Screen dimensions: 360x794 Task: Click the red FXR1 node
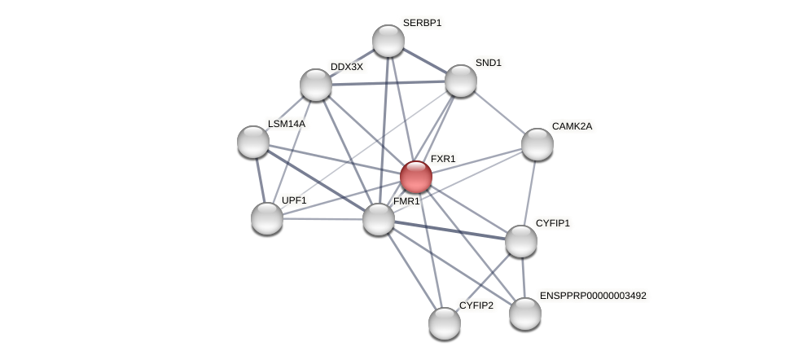coord(415,177)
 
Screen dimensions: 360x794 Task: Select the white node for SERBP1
coord(388,41)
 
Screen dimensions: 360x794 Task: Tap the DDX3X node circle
coord(316,85)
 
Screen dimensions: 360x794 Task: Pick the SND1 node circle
coord(461,81)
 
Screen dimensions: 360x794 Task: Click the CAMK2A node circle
coord(537,144)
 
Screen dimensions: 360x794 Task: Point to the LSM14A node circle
coord(253,142)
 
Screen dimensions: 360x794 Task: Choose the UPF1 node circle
coord(267,218)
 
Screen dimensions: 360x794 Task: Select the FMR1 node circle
coord(379,219)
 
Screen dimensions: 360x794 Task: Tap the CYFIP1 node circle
coord(521,241)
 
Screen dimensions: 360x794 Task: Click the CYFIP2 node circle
coord(445,323)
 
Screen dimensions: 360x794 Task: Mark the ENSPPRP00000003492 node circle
coord(525,314)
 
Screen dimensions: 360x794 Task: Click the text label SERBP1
coord(422,23)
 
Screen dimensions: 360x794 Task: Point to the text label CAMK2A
coord(572,126)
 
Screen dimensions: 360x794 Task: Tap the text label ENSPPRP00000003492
coord(593,296)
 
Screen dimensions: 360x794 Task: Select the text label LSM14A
coord(287,124)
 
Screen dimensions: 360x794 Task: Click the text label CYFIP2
coord(476,305)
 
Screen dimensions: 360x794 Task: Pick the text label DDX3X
coord(347,67)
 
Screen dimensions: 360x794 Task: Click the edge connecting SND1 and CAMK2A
coord(499,112)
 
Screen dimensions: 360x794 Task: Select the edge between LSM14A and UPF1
coord(260,180)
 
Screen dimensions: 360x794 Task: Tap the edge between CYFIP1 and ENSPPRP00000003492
coord(523,277)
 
